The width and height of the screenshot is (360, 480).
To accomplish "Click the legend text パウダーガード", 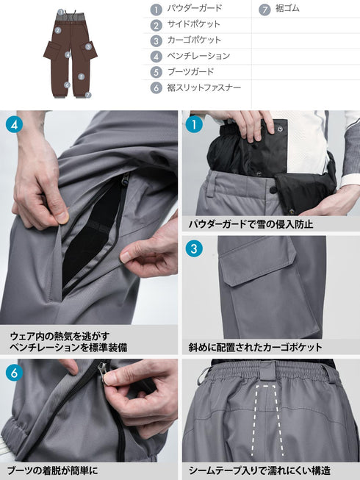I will [194, 10].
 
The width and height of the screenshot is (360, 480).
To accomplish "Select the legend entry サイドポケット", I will [194, 25].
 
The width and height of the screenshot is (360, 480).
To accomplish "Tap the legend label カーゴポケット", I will [194, 40].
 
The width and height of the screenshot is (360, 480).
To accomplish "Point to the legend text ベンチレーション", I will [198, 57].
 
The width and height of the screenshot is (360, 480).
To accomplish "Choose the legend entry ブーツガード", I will [190, 72].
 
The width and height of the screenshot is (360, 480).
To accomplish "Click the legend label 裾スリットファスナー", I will [204, 87].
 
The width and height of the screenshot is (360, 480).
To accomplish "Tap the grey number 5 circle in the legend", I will [156, 72].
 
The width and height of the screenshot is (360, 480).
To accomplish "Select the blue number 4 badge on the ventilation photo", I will [15, 124].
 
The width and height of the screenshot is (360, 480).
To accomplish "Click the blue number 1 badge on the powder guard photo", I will [194, 124].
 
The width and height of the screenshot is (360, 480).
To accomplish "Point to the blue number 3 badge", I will [194, 248].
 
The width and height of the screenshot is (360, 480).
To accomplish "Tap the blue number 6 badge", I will [15, 373].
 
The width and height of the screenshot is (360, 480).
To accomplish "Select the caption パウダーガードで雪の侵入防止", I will [251, 223].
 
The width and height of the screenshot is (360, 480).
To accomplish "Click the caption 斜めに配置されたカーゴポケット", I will [255, 346].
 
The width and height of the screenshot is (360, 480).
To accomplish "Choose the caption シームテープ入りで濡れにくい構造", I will [259, 470].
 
